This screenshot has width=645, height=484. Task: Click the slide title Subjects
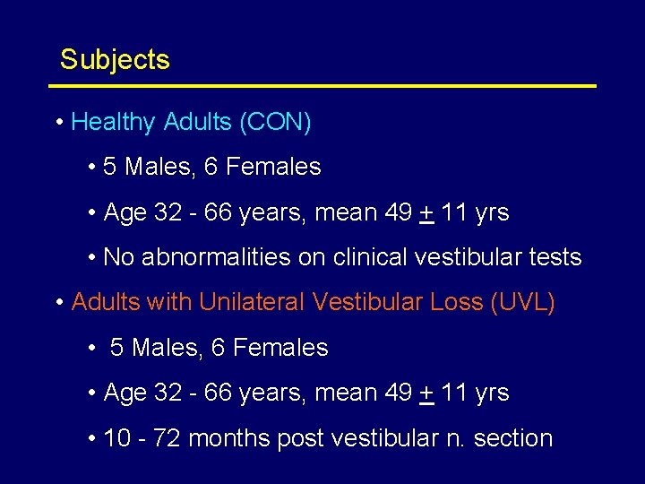point(115,60)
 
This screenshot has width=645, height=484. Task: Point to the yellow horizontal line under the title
point(322,86)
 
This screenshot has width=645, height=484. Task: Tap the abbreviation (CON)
point(275,123)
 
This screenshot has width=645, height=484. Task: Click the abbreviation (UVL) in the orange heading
point(522,302)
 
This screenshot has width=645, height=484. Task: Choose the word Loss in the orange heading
point(456,302)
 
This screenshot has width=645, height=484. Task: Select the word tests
point(555,257)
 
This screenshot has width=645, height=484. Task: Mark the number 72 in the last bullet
point(168,438)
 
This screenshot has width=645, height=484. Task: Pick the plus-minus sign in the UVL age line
point(427,393)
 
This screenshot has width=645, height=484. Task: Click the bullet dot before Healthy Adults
point(58,123)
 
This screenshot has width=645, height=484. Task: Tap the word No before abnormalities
point(118,257)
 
